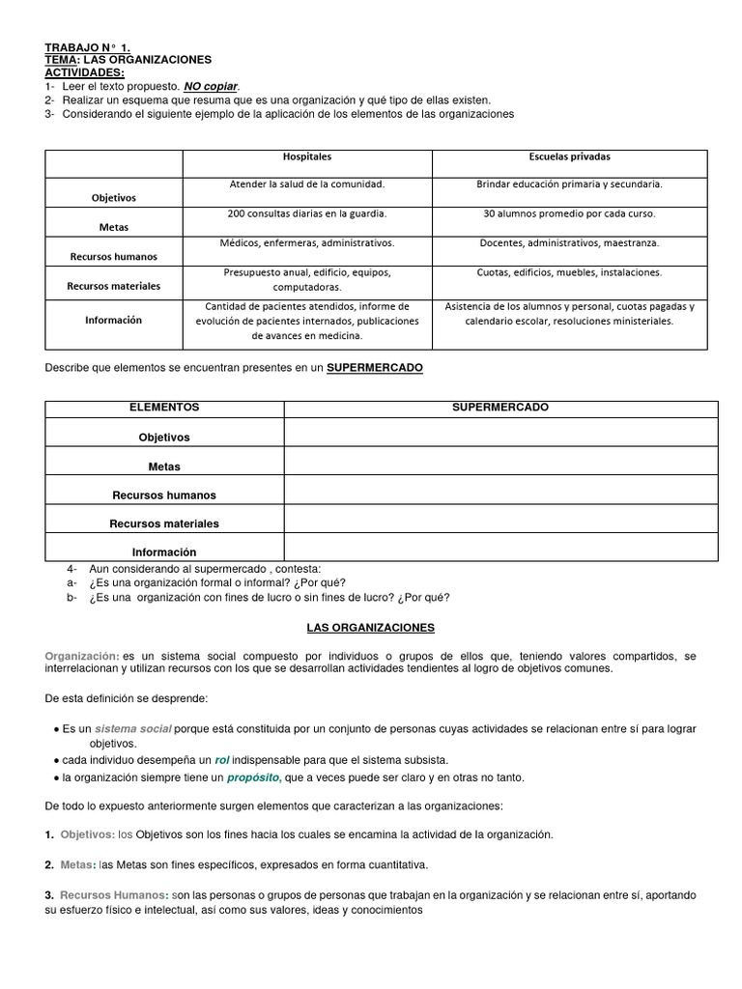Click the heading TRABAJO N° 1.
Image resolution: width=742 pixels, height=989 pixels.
pyautogui.click(x=87, y=46)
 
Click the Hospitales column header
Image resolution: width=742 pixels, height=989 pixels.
pyautogui.click(x=306, y=156)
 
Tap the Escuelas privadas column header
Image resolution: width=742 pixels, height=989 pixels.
pyautogui.click(x=569, y=156)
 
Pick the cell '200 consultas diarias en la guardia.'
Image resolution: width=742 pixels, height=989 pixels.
pyautogui.click(x=306, y=213)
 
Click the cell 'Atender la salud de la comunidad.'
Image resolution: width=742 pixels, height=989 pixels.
pyautogui.click(x=306, y=184)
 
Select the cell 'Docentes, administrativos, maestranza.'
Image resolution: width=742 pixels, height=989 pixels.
pyautogui.click(x=569, y=242)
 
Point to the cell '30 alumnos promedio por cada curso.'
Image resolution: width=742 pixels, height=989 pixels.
pyautogui.click(x=569, y=213)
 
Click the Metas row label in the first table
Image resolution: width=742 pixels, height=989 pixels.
pyautogui.click(x=113, y=227)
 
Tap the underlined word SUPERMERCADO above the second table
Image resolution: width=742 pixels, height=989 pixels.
pyautogui.click(x=375, y=368)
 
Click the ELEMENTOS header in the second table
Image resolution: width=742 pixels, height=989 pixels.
pyautogui.click(x=164, y=408)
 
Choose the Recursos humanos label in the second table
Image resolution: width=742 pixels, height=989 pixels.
pyautogui.click(x=164, y=495)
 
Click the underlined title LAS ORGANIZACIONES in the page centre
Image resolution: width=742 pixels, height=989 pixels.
pyautogui.click(x=371, y=628)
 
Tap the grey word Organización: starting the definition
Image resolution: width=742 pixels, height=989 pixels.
pyautogui.click(x=82, y=656)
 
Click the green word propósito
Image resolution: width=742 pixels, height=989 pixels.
pyautogui.click(x=254, y=777)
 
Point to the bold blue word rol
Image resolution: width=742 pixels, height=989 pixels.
pyautogui.click(x=221, y=760)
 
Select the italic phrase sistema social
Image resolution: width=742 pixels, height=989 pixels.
pyautogui.click(x=133, y=728)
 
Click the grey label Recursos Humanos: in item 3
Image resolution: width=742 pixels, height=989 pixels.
pyautogui.click(x=114, y=895)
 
